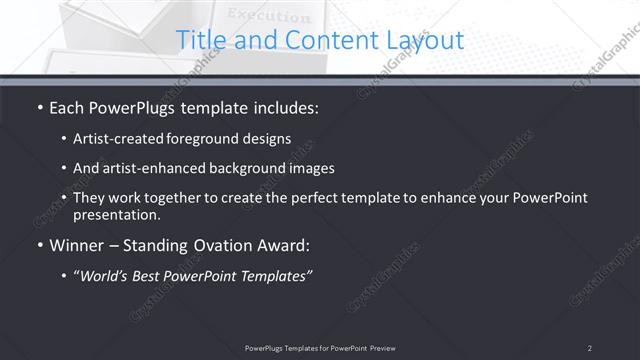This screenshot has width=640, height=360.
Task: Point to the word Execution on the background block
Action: tap(269, 16)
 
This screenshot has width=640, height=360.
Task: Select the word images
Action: tap(311, 168)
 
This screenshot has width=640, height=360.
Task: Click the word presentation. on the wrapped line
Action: tap(116, 214)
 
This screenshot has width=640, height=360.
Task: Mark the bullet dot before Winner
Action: tap(39, 245)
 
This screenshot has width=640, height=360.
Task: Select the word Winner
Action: tap(77, 245)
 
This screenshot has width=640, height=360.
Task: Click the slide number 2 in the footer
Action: tap(590, 347)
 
